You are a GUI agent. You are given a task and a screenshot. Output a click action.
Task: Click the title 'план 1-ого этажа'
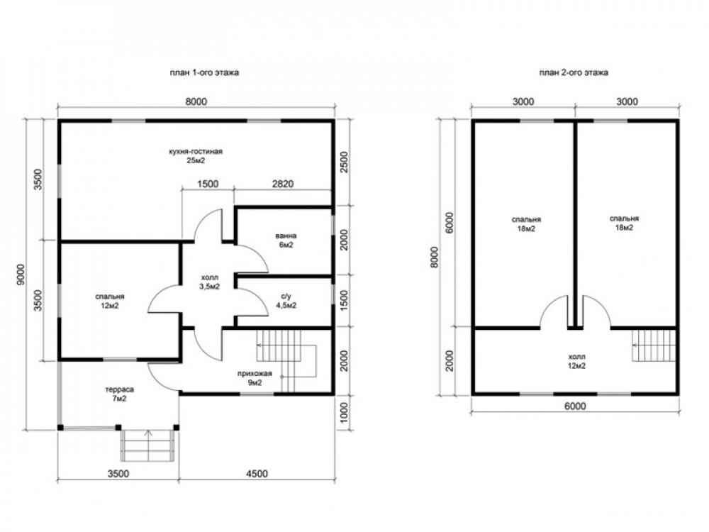(x=204, y=72)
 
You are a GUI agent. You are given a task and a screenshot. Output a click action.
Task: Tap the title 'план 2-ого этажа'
(x=574, y=72)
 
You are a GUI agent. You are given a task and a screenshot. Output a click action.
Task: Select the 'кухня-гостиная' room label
(x=196, y=152)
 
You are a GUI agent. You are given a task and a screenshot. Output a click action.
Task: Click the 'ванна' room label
(x=286, y=235)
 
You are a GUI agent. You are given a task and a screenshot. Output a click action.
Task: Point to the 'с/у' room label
(x=286, y=297)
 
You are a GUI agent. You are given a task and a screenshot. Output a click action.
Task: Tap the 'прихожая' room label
(x=255, y=374)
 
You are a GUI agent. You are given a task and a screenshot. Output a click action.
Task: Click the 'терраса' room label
(x=119, y=389)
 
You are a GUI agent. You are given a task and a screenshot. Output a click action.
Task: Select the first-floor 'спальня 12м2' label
(x=110, y=301)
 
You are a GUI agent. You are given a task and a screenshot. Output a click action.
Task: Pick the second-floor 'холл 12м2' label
(x=576, y=361)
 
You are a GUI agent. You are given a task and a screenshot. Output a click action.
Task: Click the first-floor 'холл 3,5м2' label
(x=209, y=282)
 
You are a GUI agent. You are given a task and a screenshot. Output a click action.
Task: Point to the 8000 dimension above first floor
(x=196, y=101)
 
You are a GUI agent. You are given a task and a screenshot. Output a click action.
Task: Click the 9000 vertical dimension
(x=21, y=274)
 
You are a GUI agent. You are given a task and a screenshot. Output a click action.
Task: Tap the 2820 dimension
(x=283, y=184)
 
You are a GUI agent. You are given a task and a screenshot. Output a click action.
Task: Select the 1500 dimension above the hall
(x=208, y=184)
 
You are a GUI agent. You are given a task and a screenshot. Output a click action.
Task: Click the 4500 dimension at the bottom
(x=257, y=474)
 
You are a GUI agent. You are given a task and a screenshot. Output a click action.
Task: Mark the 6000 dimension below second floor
(x=575, y=406)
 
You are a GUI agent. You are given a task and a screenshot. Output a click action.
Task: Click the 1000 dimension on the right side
(x=344, y=413)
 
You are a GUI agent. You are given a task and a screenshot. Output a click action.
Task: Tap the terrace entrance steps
(x=148, y=445)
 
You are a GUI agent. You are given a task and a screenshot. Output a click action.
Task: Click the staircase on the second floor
(x=654, y=345)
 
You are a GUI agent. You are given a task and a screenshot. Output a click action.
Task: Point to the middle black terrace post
(x=118, y=427)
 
